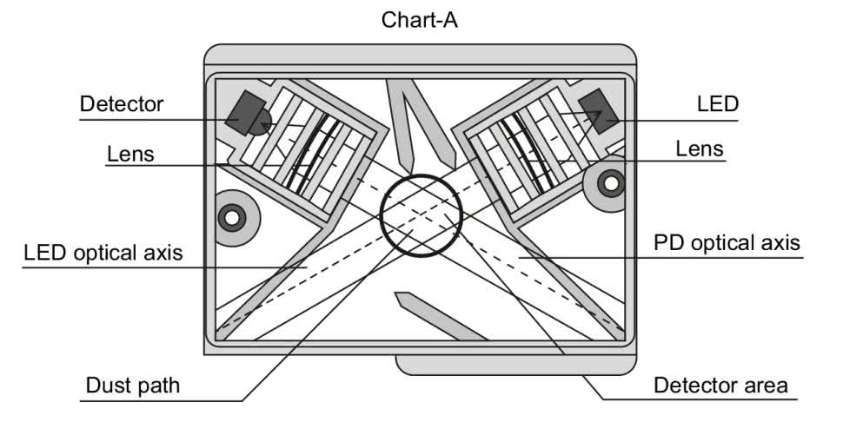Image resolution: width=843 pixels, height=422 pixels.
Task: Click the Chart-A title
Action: (420, 20)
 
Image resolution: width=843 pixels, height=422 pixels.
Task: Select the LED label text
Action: (717, 104)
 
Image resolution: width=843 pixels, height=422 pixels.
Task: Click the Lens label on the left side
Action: (130, 154)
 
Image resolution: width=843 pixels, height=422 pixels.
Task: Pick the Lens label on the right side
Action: (699, 149)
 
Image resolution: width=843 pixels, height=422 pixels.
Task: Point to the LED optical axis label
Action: (103, 254)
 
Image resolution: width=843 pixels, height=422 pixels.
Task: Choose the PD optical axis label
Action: (727, 242)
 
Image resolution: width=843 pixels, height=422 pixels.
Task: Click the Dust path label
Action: (132, 385)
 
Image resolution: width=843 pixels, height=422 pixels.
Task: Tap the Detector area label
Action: (720, 385)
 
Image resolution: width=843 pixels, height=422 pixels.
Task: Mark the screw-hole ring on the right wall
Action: (611, 184)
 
